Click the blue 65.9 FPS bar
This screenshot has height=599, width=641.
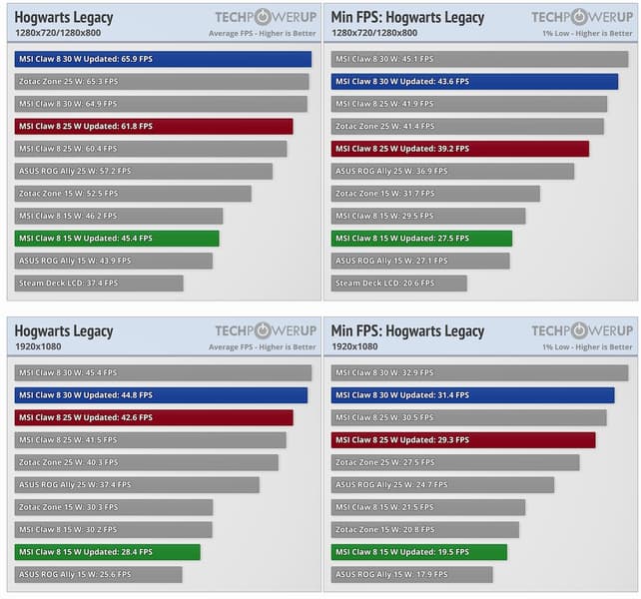[x=163, y=59]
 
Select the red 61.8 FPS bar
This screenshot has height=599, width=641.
[x=154, y=127]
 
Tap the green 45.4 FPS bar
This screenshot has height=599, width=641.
[x=117, y=239]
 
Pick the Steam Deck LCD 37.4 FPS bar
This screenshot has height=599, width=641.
[x=99, y=284]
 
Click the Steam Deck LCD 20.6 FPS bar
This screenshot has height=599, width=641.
[x=399, y=284]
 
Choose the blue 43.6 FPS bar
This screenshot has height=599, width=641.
[x=474, y=81]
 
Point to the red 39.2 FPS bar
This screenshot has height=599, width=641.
[x=460, y=149]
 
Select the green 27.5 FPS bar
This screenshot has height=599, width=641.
[x=421, y=239]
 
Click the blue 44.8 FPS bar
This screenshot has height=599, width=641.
[x=161, y=395]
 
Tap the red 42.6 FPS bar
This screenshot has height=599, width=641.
[x=154, y=417]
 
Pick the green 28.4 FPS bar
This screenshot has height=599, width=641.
[x=108, y=552]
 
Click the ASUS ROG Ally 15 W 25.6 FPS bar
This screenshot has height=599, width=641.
[x=99, y=575]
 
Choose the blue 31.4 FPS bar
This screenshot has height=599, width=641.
[x=472, y=395]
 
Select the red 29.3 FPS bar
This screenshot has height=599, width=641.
[x=463, y=440]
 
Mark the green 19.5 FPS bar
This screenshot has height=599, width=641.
[x=419, y=552]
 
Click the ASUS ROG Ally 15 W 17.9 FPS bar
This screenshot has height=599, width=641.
[x=412, y=575]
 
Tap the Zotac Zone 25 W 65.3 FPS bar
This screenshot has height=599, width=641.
[x=162, y=82]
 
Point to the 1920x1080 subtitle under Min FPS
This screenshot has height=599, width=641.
[x=354, y=347]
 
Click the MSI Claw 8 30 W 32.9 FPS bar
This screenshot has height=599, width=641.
[x=479, y=372]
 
